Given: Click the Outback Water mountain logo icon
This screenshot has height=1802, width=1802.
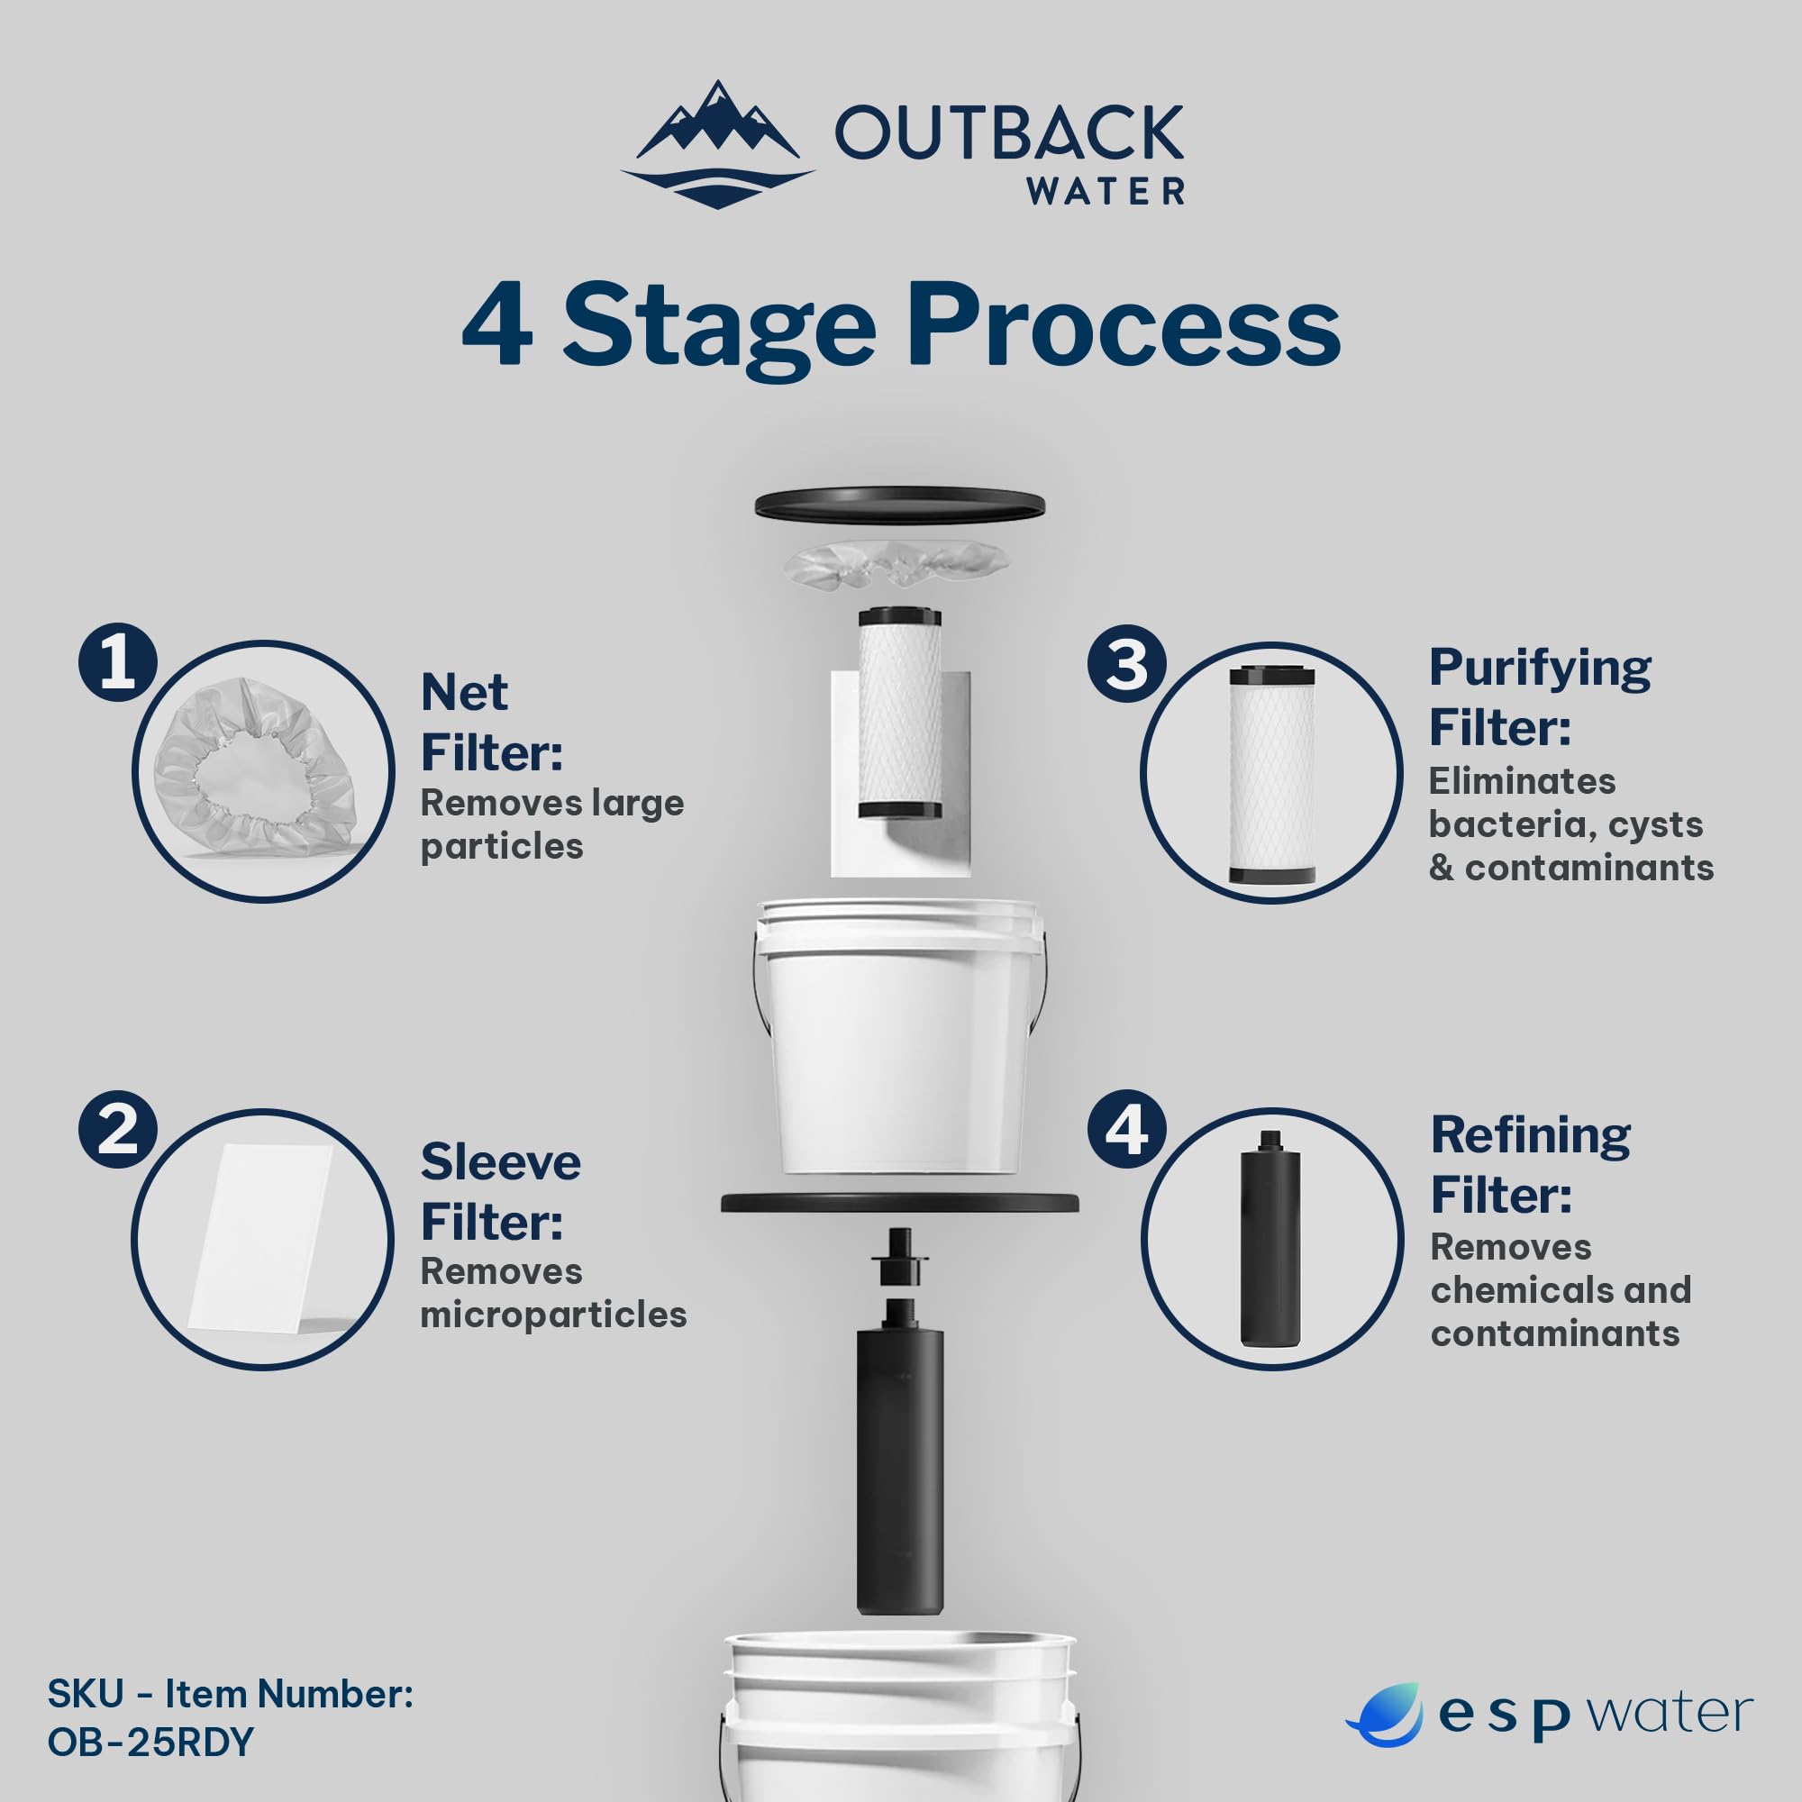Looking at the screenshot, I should click(x=716, y=145).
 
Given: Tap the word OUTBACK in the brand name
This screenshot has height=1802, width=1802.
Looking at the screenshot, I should click(x=1008, y=133).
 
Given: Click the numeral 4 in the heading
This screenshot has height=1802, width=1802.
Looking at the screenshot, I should click(x=497, y=327).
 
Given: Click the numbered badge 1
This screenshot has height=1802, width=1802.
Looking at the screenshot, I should click(x=116, y=663).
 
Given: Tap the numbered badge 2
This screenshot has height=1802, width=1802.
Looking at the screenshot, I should click(x=116, y=1131).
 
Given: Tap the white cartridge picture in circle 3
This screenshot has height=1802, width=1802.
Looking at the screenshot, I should click(x=1271, y=773).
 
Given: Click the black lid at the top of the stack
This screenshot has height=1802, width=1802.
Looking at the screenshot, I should click(x=899, y=504).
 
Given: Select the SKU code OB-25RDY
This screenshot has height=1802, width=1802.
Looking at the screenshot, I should click(x=150, y=1742).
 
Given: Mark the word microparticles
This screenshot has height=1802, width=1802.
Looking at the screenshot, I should click(x=553, y=1315).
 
